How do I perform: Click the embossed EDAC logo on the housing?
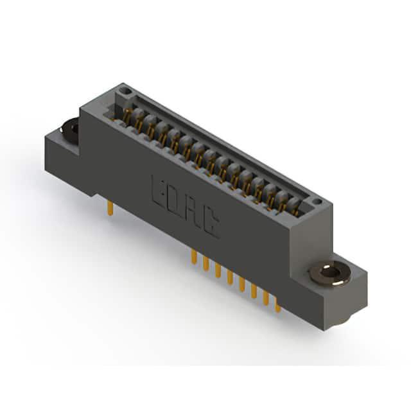(186, 207)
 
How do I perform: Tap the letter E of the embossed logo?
(159, 191)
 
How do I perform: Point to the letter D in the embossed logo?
(175, 202)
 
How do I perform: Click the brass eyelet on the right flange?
(330, 274)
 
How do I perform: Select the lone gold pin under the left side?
(110, 208)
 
